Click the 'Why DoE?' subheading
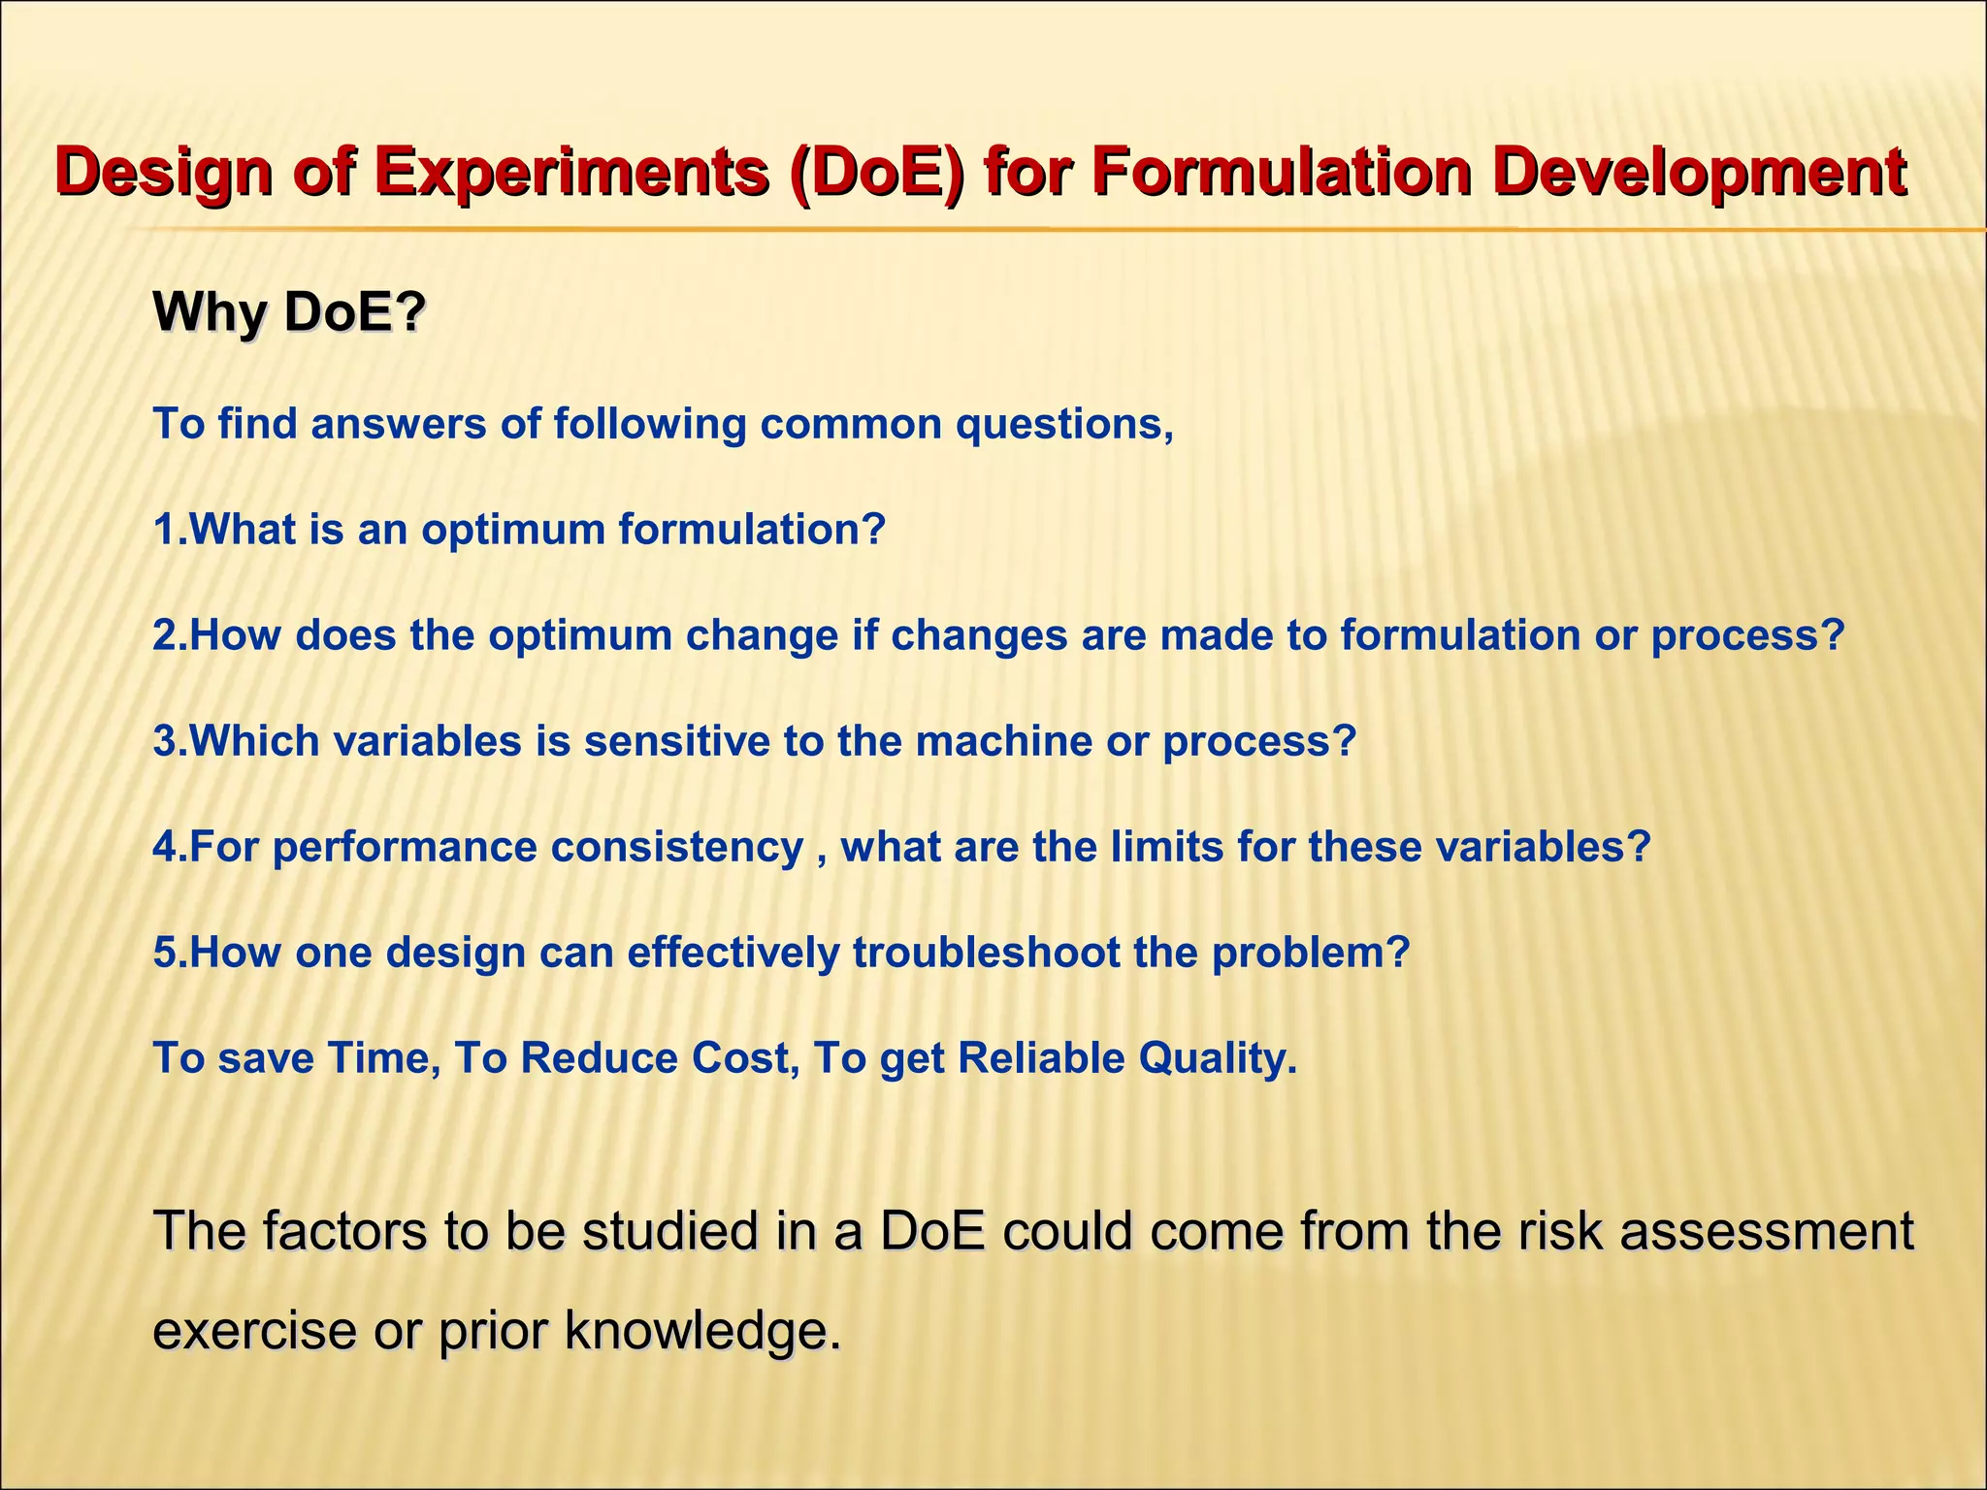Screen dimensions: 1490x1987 click(289, 312)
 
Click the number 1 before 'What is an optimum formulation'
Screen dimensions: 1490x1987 click(164, 530)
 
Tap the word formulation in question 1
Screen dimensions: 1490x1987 click(752, 530)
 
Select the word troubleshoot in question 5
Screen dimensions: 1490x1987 click(986, 953)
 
